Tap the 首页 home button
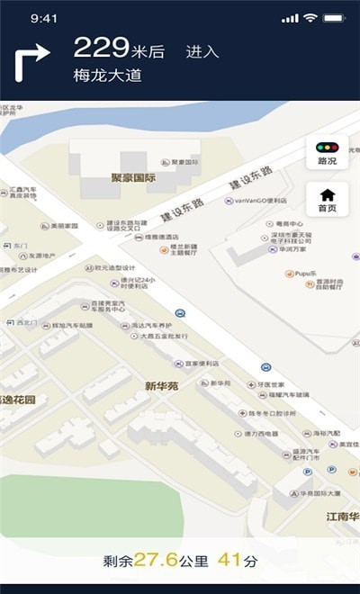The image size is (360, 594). (x=327, y=199)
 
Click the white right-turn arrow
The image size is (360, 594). (x=31, y=64)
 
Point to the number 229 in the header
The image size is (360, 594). (x=101, y=48)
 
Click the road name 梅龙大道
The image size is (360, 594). (x=108, y=76)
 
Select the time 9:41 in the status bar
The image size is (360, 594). (x=44, y=18)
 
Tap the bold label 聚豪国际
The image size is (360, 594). (x=133, y=178)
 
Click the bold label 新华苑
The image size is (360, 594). (x=162, y=386)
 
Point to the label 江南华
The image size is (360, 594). (x=342, y=517)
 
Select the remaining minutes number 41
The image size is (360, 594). (x=230, y=560)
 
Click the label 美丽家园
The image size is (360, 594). (x=65, y=226)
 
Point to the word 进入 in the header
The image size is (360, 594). (x=202, y=52)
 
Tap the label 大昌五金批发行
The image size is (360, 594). (x=165, y=336)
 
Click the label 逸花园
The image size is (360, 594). (x=20, y=400)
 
